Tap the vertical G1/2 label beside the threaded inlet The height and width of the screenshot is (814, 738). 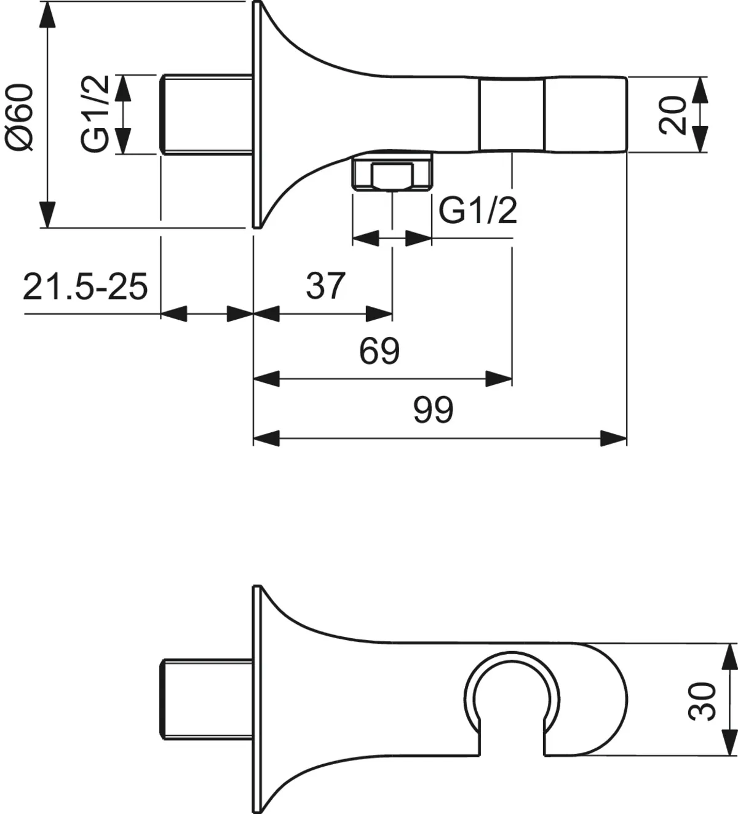95,114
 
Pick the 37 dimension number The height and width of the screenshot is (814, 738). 326,286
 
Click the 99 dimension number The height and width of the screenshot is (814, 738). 433,410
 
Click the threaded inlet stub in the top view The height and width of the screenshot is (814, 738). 206,115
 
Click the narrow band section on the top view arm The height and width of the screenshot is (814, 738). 512,115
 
